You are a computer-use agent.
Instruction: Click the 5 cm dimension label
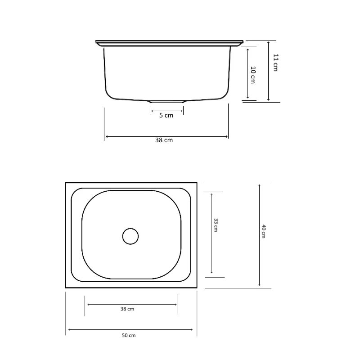tap(166, 116)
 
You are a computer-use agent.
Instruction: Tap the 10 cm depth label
tap(253, 74)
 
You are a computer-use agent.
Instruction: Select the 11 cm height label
tap(276, 63)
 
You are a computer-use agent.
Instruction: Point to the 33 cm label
tap(216, 225)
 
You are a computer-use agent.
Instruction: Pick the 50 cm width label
tap(129, 335)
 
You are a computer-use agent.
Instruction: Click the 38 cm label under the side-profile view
tap(164, 140)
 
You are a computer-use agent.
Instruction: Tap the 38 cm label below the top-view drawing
tap(127, 309)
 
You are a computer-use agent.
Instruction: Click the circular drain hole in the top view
tap(130, 236)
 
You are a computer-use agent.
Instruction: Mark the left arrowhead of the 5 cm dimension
tap(152, 110)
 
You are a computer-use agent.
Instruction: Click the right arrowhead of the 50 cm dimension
tap(195, 330)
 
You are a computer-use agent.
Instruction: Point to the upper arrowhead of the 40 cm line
tap(259, 184)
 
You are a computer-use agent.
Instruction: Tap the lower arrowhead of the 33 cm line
tap(211, 274)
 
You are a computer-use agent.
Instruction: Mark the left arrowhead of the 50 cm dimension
tap(68, 330)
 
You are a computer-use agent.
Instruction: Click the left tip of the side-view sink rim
tap(96, 42)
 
